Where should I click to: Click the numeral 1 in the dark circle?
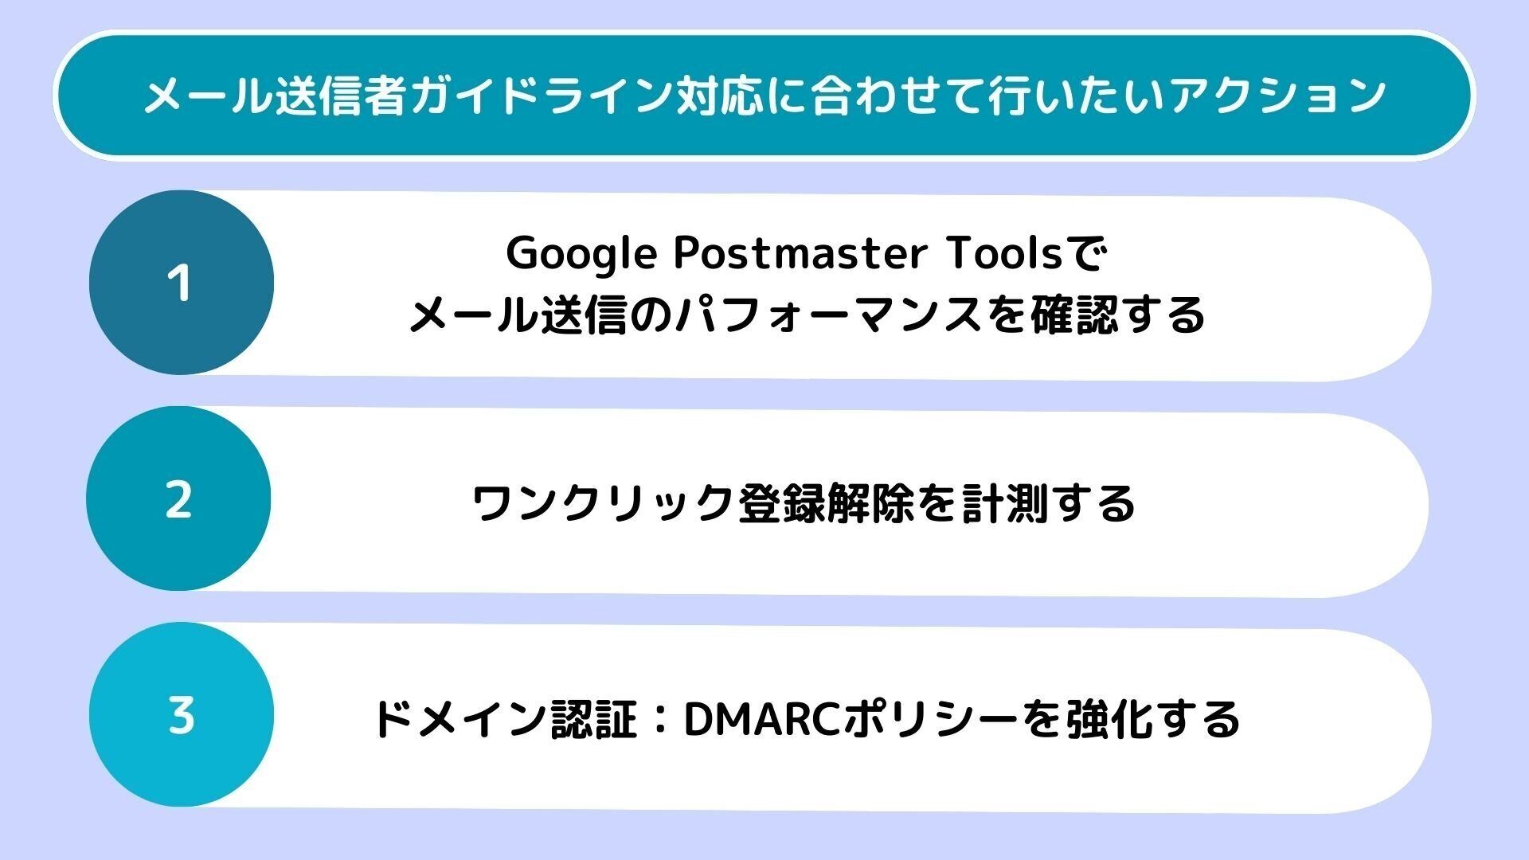pyautogui.click(x=180, y=283)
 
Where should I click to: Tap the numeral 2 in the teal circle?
pyautogui.click(x=178, y=500)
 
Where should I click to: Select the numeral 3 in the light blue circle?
pyautogui.click(x=182, y=715)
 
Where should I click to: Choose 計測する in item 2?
pyautogui.click(x=1048, y=503)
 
